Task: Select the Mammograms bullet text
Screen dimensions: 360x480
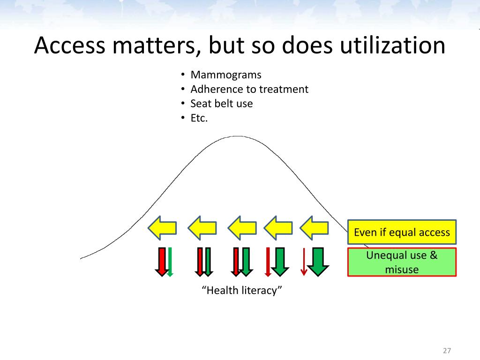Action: pos(226,75)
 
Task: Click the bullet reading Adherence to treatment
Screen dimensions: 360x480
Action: pos(249,89)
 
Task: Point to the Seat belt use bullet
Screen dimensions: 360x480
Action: pos(221,104)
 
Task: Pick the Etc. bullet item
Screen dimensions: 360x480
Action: pos(199,118)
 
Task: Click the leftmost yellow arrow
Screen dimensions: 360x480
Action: pos(162,228)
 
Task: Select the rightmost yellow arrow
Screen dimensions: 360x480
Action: pos(314,228)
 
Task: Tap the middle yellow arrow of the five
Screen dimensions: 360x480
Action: pos(242,228)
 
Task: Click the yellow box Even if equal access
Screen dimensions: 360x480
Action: pos(402,232)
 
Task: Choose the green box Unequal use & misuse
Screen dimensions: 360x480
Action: pos(402,262)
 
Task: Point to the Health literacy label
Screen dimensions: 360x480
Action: pos(242,291)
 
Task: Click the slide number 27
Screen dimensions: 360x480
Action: pos(446,351)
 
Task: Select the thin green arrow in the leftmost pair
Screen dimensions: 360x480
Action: pos(170,261)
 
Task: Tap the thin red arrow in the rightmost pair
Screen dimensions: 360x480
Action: pos(304,261)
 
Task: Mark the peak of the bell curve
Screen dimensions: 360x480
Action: pos(237,136)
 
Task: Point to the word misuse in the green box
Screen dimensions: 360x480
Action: pos(401,270)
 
